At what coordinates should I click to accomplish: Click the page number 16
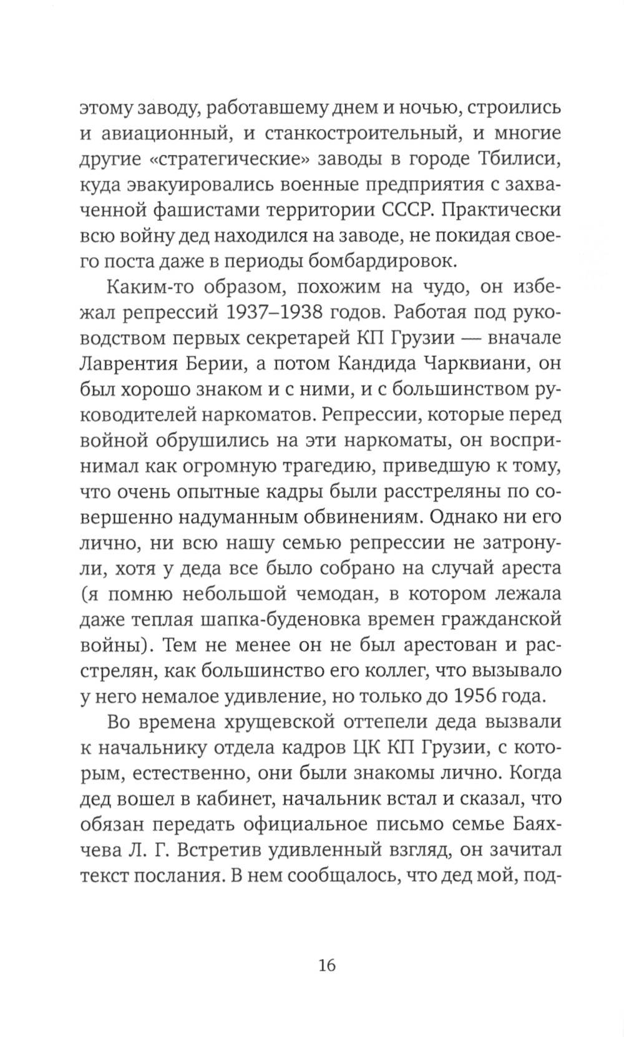click(326, 965)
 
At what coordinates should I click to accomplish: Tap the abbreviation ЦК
click(368, 749)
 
